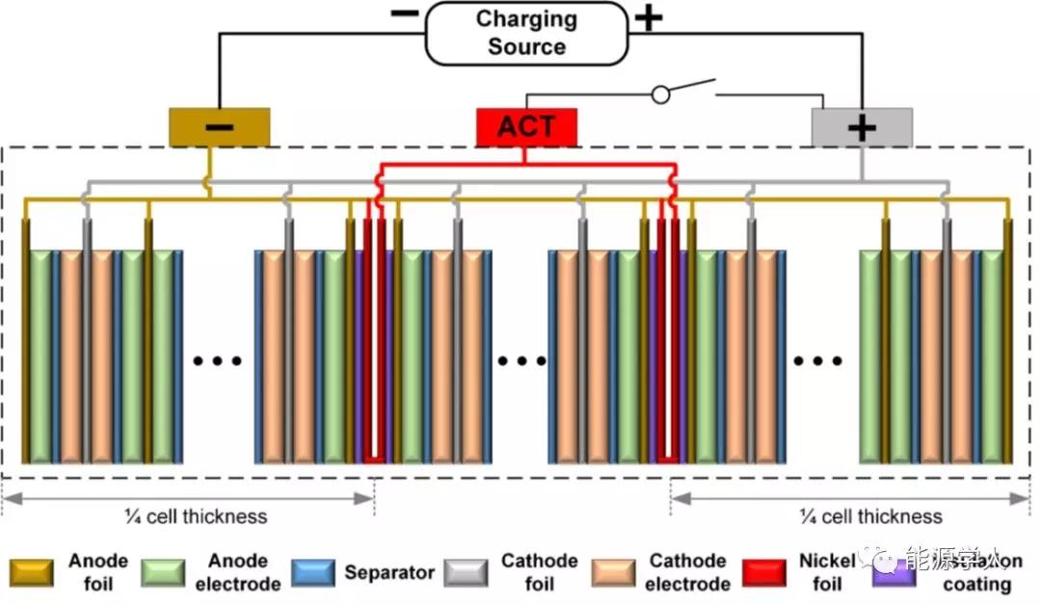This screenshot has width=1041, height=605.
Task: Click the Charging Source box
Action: tap(525, 33)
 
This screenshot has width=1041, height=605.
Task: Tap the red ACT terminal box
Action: tap(527, 127)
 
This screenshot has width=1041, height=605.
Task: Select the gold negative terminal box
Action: tap(219, 127)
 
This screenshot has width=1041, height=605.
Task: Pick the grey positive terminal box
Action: tap(862, 127)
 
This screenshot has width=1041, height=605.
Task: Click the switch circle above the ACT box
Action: tap(660, 94)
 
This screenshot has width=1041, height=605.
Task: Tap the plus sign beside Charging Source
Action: tap(649, 17)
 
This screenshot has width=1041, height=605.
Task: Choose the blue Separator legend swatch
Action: tap(312, 572)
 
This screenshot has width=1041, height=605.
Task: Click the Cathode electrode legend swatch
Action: tap(613, 572)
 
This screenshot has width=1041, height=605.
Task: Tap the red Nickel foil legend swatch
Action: tap(765, 572)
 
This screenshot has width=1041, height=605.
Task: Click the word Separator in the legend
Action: tap(389, 572)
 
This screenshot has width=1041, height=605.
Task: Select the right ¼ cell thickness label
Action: tap(870, 516)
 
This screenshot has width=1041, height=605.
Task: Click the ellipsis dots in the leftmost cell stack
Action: tap(218, 361)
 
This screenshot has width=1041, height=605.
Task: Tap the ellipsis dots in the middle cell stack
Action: tap(521, 361)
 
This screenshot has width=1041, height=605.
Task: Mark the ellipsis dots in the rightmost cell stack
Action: tap(817, 361)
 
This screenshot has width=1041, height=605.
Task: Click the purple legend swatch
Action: tap(893, 574)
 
